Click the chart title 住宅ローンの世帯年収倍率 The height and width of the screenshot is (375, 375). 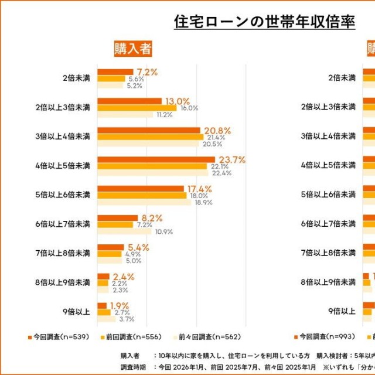(265, 22)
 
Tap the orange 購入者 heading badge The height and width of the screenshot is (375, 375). (133, 49)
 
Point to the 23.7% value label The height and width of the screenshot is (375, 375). (232, 159)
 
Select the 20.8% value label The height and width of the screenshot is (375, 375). (216, 130)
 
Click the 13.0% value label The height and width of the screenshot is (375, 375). (177, 101)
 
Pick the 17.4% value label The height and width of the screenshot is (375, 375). (200, 189)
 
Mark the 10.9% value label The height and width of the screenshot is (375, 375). (163, 231)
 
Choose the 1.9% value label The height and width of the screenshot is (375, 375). (118, 305)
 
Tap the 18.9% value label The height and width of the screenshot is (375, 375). (203, 202)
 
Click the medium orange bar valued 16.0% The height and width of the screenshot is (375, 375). (137, 108)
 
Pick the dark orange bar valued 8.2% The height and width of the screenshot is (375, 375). (117, 218)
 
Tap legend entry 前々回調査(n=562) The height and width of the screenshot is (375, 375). (206, 337)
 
